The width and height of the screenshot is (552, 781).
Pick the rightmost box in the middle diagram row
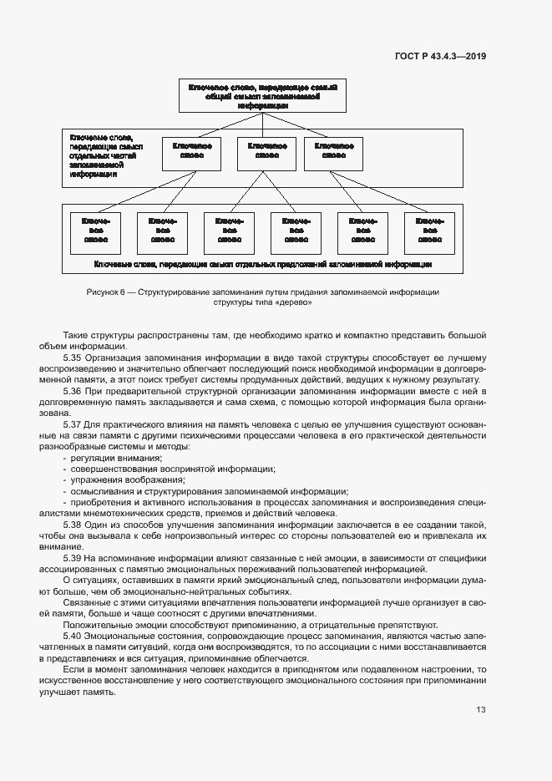pos(334,153)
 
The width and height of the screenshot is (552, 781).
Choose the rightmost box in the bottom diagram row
pos(429,231)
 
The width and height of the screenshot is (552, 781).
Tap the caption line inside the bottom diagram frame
pos(262,263)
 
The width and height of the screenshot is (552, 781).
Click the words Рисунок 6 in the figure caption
pos(105,292)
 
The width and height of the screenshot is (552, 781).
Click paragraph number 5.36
pos(74,391)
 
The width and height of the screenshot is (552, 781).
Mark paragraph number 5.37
pos(74,424)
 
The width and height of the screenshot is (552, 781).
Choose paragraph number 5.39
pos(74,558)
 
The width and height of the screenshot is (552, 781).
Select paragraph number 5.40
pos(74,636)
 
